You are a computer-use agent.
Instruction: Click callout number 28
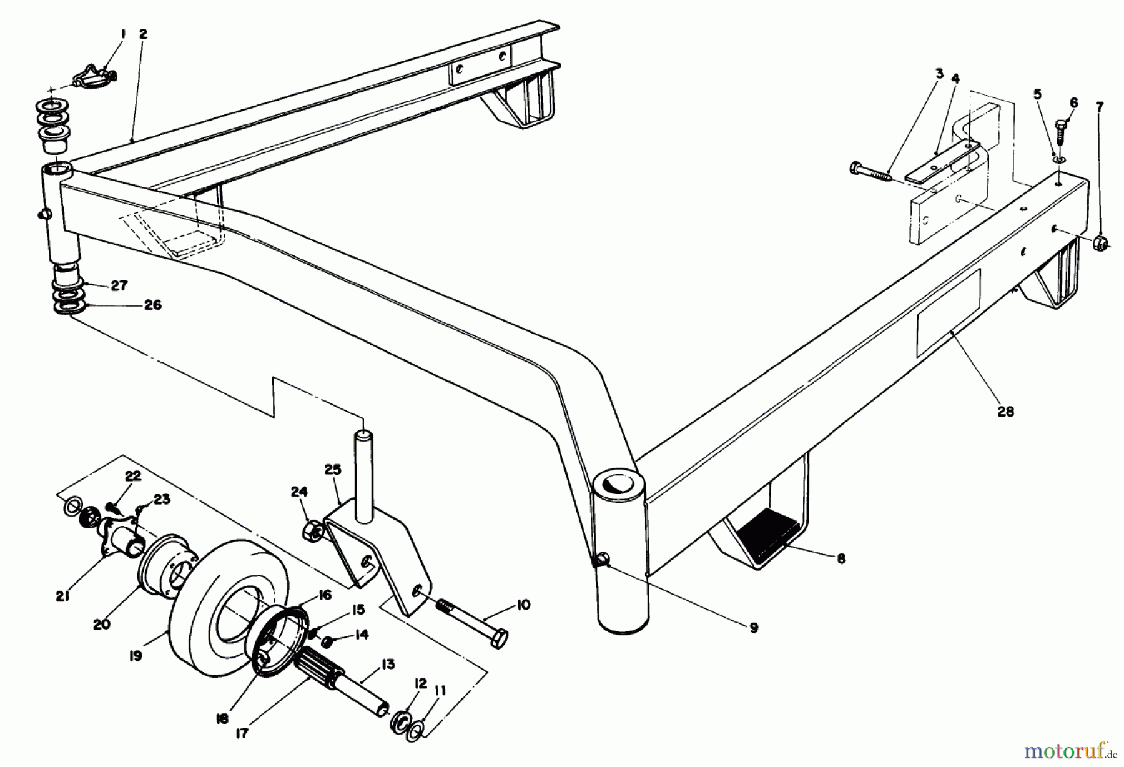1005,412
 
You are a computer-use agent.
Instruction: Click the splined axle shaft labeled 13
350,681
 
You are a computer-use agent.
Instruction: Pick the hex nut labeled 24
312,532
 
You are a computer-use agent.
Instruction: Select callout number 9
754,628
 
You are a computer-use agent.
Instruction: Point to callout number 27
119,285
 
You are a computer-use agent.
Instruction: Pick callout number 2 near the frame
143,34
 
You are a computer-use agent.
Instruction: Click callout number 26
152,305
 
